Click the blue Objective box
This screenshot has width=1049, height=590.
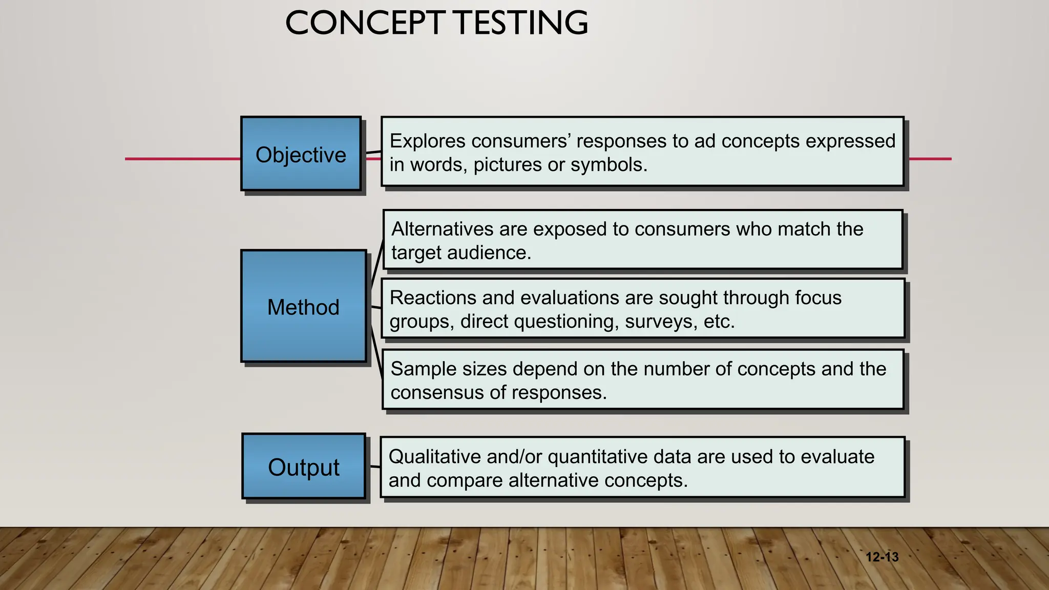pyautogui.click(x=301, y=154)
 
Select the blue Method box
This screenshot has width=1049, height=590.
pyautogui.click(x=303, y=306)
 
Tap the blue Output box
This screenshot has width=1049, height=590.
pyautogui.click(x=303, y=466)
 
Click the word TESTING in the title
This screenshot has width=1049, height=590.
pyautogui.click(x=521, y=23)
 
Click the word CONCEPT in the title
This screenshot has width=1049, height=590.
pyautogui.click(x=365, y=23)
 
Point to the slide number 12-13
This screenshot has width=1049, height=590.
pyautogui.click(x=882, y=557)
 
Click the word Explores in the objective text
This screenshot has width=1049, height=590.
pyautogui.click(x=427, y=141)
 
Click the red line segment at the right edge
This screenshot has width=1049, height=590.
pyautogui.click(x=930, y=159)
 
